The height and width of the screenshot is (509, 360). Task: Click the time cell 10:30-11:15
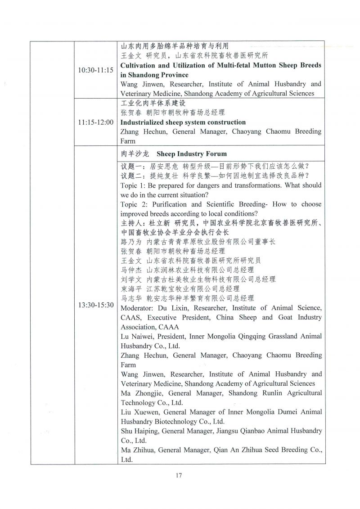(x=95, y=71)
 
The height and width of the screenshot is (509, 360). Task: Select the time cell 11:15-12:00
(x=95, y=122)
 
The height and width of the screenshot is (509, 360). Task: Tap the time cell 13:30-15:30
(x=95, y=305)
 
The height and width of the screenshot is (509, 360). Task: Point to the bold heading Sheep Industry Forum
(x=192, y=153)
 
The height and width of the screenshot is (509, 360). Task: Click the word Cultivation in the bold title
(x=139, y=65)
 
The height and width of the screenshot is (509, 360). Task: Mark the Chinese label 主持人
(x=131, y=223)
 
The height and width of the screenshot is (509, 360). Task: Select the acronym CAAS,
(x=131, y=317)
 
